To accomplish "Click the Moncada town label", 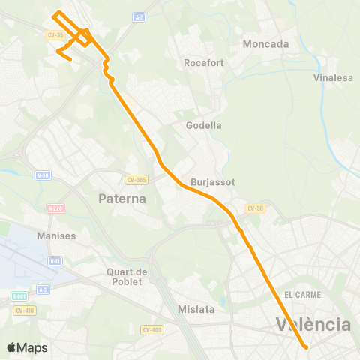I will (x=265, y=44).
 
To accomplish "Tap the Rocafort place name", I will (x=200, y=63).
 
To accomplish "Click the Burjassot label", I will (x=213, y=182).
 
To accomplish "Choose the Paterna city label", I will (x=122, y=199).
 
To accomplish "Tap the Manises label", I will (x=56, y=235).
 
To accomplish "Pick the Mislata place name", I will (x=196, y=309).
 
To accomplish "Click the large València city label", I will (x=313, y=325).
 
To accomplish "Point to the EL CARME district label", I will (x=302, y=295).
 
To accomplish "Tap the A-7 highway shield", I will (x=139, y=16).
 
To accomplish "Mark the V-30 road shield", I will (x=42, y=175).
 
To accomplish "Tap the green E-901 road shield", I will (x=19, y=297).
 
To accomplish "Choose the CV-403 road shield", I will (x=149, y=328).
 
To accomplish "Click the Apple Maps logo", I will (x=27, y=347).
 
